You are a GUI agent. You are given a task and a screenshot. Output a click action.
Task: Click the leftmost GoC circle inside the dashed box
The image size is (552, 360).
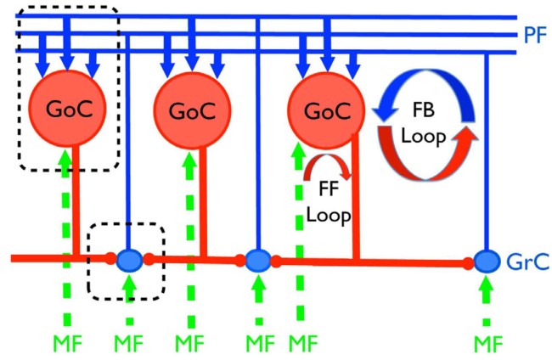(67, 111)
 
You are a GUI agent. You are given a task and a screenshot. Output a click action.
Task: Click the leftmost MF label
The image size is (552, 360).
(67, 343)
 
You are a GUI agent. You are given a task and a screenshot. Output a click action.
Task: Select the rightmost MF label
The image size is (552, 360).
(487, 343)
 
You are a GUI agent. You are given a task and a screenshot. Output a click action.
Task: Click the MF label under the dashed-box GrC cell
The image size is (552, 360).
(129, 343)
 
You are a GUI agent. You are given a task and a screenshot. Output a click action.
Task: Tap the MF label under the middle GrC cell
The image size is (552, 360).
(256, 343)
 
